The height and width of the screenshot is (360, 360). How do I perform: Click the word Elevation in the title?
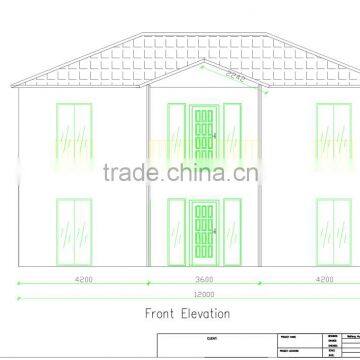205,314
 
